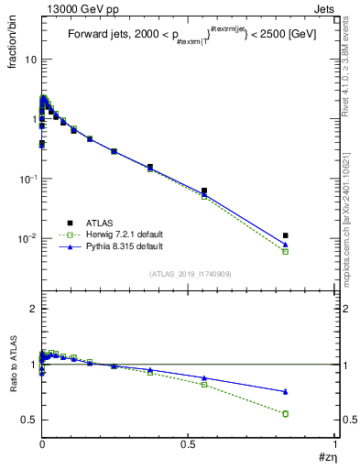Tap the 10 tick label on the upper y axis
tap(30, 60)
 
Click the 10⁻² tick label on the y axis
tap(28, 239)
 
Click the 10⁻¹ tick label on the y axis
tap(28, 180)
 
